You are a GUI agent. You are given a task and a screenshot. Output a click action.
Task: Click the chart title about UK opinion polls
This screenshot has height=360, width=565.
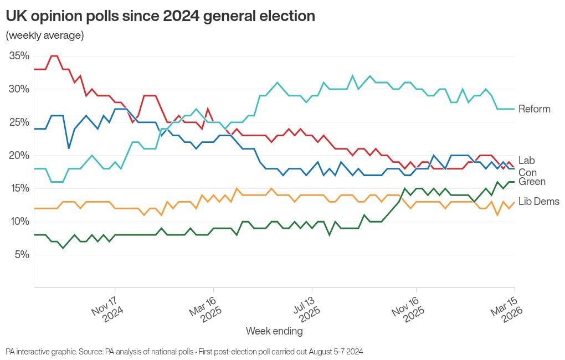tap(161, 17)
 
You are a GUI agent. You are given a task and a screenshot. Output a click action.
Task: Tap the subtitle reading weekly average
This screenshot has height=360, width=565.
tap(45, 35)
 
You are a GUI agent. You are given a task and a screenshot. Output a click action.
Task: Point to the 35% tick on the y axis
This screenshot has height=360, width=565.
tap(19, 56)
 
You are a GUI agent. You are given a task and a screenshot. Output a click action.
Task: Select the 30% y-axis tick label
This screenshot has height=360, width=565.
tap(19, 89)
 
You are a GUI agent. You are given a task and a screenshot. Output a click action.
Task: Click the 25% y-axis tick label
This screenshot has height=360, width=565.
tap(19, 122)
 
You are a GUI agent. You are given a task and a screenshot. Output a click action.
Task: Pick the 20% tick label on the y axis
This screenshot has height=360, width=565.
tap(19, 156)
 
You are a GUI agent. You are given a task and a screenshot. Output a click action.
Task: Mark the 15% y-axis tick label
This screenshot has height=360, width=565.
tap(19, 188)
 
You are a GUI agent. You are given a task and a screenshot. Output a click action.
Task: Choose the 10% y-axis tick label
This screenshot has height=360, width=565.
tap(19, 222)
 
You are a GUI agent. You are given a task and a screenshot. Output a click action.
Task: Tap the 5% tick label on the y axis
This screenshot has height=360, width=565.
tap(21, 255)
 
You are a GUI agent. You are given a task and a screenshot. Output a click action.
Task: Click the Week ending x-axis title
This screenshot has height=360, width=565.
tap(274, 331)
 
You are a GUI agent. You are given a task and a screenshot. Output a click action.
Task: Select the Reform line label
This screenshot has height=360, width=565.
tap(534, 109)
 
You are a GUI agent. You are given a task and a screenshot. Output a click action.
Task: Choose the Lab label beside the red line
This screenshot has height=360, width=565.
tap(527, 161)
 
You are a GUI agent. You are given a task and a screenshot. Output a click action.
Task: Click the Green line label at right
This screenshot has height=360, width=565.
tap(532, 182)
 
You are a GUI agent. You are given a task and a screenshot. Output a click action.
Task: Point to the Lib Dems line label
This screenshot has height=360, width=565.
tap(538, 202)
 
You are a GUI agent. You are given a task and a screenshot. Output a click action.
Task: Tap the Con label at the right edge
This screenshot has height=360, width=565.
tap(527, 173)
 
